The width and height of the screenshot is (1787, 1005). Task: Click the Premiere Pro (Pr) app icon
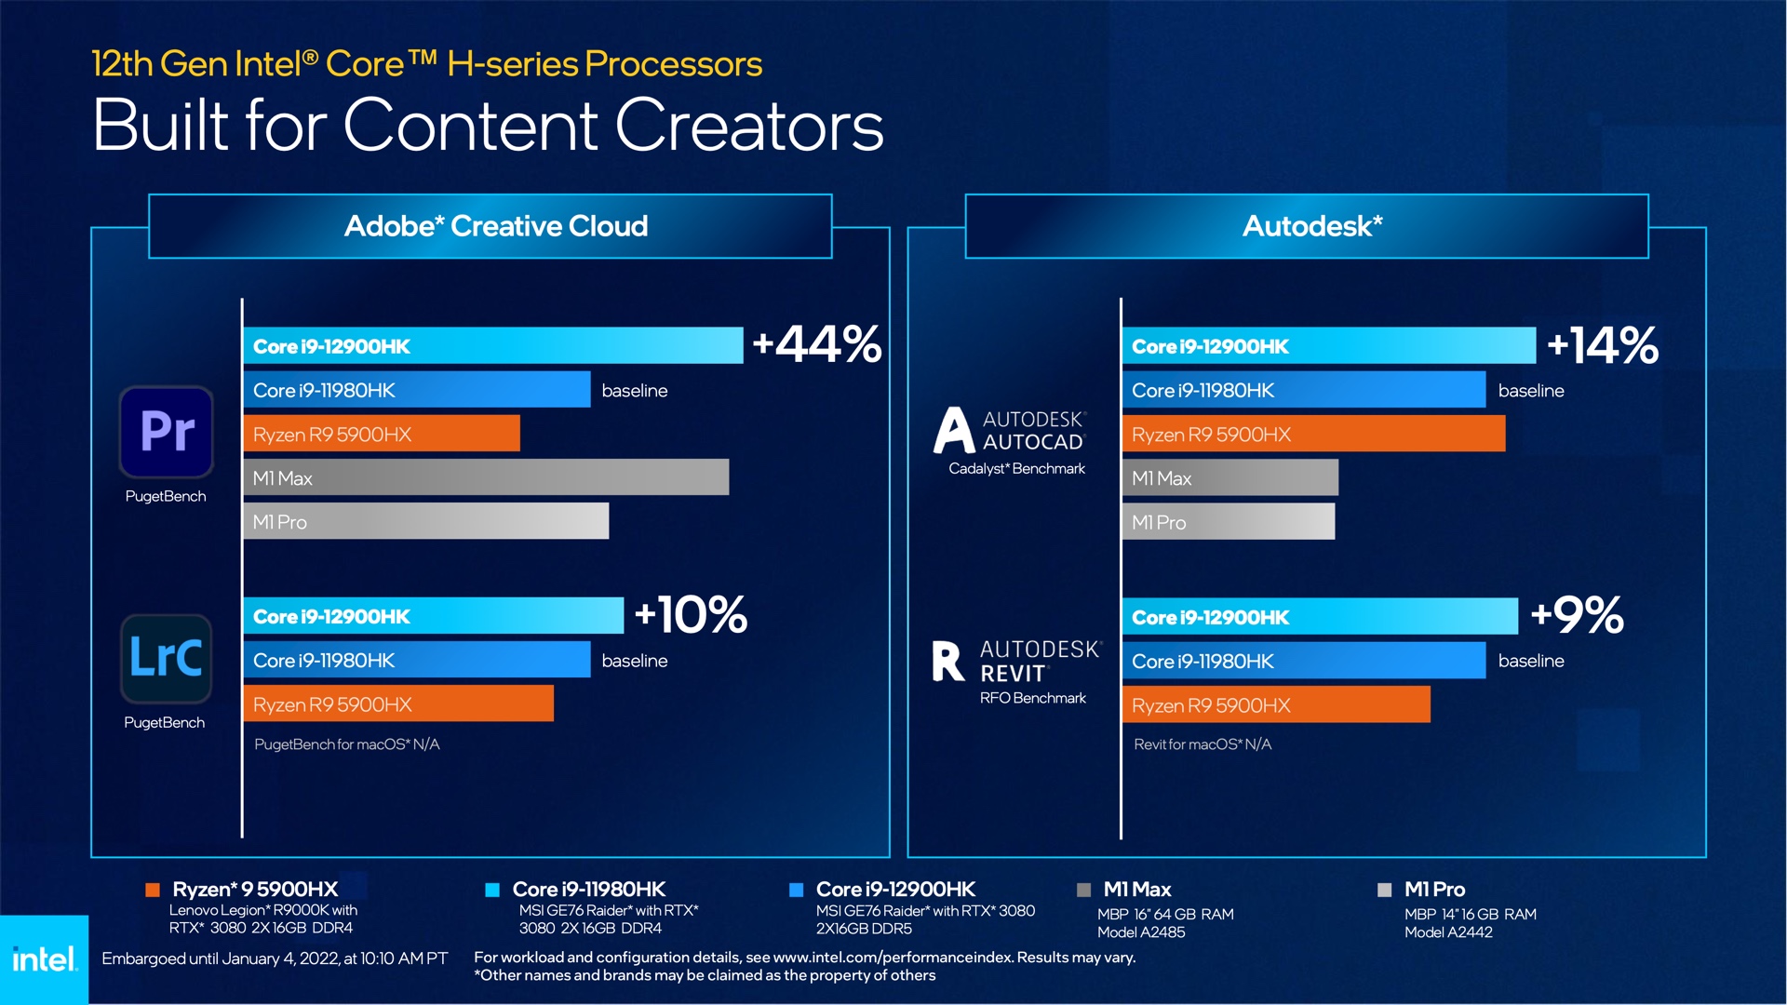pos(167,431)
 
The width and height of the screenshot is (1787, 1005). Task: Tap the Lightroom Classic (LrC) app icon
pos(166,658)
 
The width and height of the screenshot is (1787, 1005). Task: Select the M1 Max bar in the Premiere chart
pos(486,477)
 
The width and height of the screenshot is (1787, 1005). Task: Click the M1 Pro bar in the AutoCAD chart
pos(1228,522)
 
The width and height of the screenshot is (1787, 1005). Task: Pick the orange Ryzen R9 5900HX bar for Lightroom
pos(398,704)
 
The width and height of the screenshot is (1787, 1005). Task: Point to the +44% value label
pos(817,344)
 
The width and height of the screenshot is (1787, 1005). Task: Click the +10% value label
pos(691,615)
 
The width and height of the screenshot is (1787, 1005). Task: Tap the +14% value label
pos(1602,345)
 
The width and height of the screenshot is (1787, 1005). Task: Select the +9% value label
pos(1577,615)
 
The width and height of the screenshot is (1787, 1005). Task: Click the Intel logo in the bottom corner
pos(44,959)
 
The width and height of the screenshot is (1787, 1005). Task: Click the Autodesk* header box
pos(1307,226)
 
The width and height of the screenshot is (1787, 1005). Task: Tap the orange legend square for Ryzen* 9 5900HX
pos(153,891)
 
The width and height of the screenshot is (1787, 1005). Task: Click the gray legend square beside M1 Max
pos(1083,891)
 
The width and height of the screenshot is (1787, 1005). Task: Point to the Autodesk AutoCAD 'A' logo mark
pos(954,430)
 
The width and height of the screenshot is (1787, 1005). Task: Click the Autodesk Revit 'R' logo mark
pos(947,661)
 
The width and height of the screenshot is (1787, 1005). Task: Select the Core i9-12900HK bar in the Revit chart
pos(1320,617)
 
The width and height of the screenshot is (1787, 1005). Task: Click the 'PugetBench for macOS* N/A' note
pos(346,744)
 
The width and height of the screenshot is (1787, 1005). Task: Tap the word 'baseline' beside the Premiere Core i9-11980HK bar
pos(635,391)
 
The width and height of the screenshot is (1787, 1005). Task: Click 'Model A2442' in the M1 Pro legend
pos(1448,932)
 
